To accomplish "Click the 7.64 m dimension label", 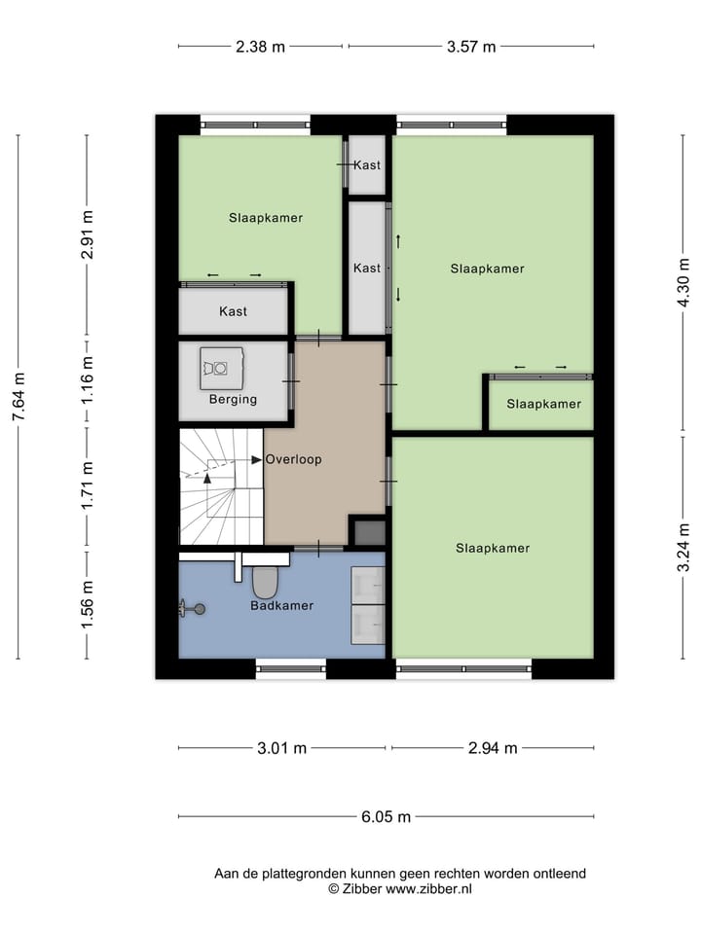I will (18, 397).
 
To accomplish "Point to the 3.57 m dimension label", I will (470, 46).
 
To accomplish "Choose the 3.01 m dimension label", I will (281, 748).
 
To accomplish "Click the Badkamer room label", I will (281, 605).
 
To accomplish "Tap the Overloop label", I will (293, 459).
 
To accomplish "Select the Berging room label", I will (233, 399).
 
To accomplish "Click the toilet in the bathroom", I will (265, 582).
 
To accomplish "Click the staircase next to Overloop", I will (221, 486).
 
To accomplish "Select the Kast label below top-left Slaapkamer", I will (233, 311).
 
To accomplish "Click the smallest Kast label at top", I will (367, 165).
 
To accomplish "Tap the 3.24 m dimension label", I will (684, 549).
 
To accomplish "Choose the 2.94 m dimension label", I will (492, 748).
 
